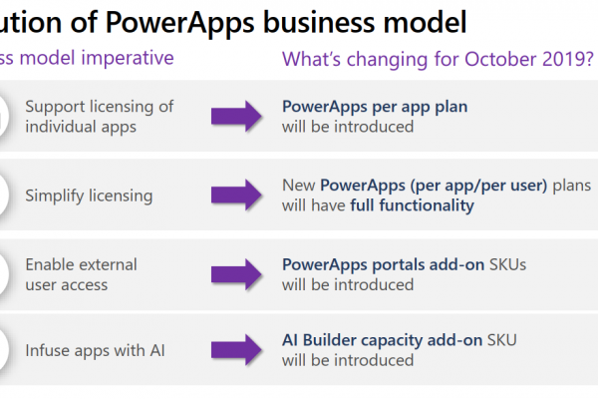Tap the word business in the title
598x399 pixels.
coord(320,22)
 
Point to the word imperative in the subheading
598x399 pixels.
coord(128,59)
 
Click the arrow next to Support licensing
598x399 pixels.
coord(236,116)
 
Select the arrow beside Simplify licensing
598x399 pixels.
coord(236,195)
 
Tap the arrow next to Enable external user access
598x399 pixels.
coord(236,274)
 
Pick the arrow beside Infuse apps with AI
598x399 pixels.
coord(236,350)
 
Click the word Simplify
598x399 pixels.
coord(55,196)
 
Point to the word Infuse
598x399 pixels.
coord(48,350)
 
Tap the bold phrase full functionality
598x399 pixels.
coord(413,205)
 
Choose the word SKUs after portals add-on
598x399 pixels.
coord(507,264)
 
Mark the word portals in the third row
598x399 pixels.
coord(398,265)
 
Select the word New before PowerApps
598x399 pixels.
coord(299,186)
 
